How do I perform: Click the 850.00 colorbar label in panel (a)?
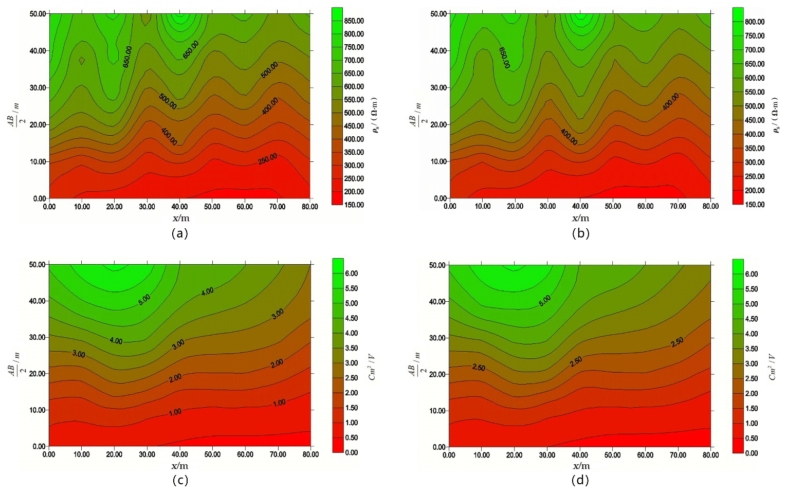[354, 21]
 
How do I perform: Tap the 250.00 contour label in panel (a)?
[267, 159]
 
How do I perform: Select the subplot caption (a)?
[179, 233]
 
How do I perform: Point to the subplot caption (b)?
[580, 233]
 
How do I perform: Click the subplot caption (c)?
[179, 480]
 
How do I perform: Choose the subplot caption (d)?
[580, 480]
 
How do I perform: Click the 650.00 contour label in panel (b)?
[504, 58]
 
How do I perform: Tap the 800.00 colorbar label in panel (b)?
[754, 22]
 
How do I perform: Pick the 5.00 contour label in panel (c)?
[144, 300]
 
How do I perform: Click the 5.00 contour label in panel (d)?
[544, 301]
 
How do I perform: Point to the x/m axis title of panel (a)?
[180, 218]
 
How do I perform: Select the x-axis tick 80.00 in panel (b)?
[710, 206]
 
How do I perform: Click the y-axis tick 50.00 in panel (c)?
[39, 264]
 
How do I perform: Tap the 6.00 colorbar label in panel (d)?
[751, 275]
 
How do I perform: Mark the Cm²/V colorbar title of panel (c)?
[372, 367]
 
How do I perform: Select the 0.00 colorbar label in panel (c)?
[351, 453]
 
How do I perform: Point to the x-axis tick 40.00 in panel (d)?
[580, 455]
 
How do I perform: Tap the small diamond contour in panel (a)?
[82, 61]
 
